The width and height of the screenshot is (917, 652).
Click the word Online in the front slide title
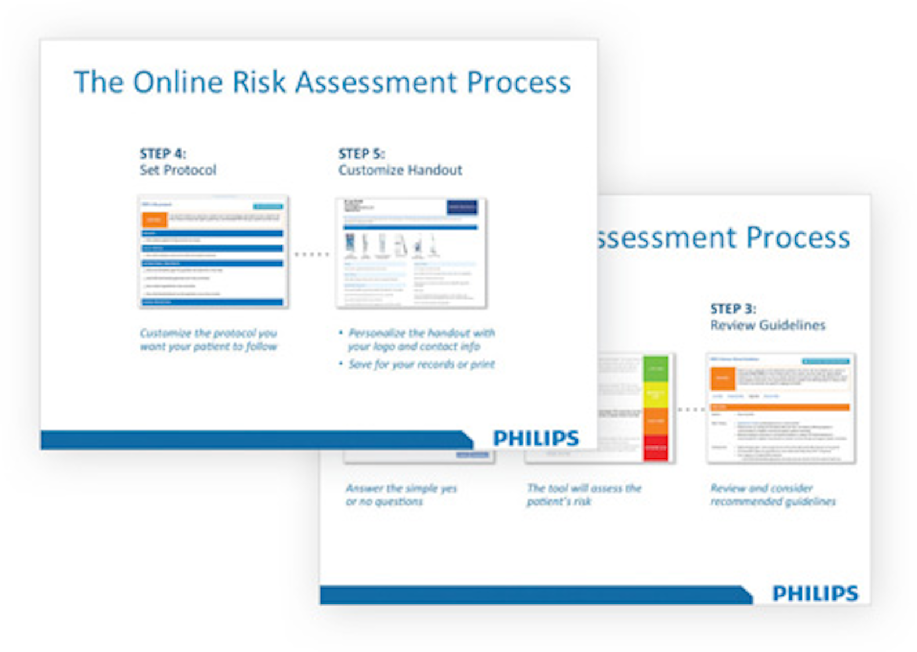(x=178, y=82)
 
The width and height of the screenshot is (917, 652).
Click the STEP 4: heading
(x=162, y=154)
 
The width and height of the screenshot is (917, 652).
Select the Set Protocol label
(x=178, y=170)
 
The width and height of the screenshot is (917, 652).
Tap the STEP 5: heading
(x=361, y=154)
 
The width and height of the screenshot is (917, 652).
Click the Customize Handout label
(x=400, y=170)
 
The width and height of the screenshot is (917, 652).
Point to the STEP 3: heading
(x=733, y=309)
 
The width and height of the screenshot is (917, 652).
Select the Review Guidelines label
(x=767, y=325)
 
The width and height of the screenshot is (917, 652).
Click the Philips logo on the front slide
(x=536, y=438)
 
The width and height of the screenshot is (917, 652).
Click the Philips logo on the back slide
(x=815, y=593)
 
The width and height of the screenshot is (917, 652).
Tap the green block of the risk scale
(x=655, y=368)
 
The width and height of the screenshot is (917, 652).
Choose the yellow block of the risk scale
(x=655, y=394)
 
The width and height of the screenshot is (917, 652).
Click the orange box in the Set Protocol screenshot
(x=154, y=219)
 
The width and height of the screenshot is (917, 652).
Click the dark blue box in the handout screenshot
(x=462, y=207)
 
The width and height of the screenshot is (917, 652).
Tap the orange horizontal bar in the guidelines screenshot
(x=780, y=407)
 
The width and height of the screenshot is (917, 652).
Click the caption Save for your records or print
(x=421, y=364)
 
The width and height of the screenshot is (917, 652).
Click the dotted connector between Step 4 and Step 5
(x=311, y=254)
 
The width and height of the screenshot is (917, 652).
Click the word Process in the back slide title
(x=798, y=237)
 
